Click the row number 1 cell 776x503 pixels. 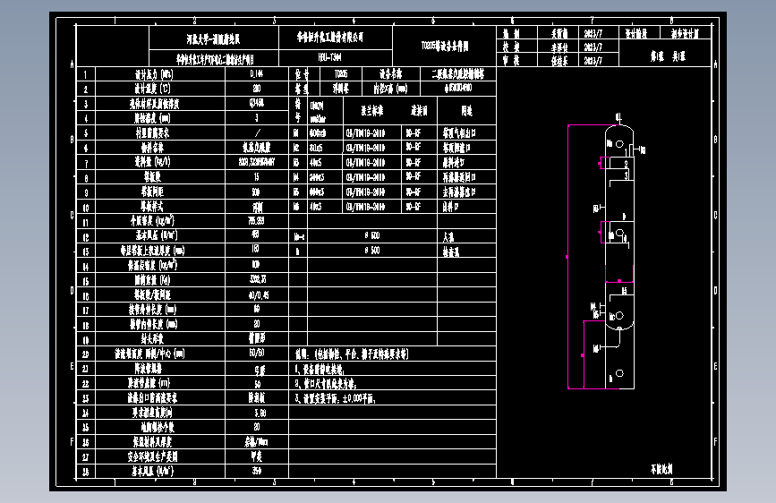(86, 74)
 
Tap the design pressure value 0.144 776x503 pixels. (257, 74)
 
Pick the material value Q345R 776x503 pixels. (257, 103)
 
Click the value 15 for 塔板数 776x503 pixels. (257, 177)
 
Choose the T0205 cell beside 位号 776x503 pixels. (341, 74)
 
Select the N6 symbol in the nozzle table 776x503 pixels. (295, 206)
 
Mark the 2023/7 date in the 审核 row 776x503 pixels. (593, 60)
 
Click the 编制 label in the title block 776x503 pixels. (511, 31)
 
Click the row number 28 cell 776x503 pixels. (86, 470)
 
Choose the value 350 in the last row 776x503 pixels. (257, 470)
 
